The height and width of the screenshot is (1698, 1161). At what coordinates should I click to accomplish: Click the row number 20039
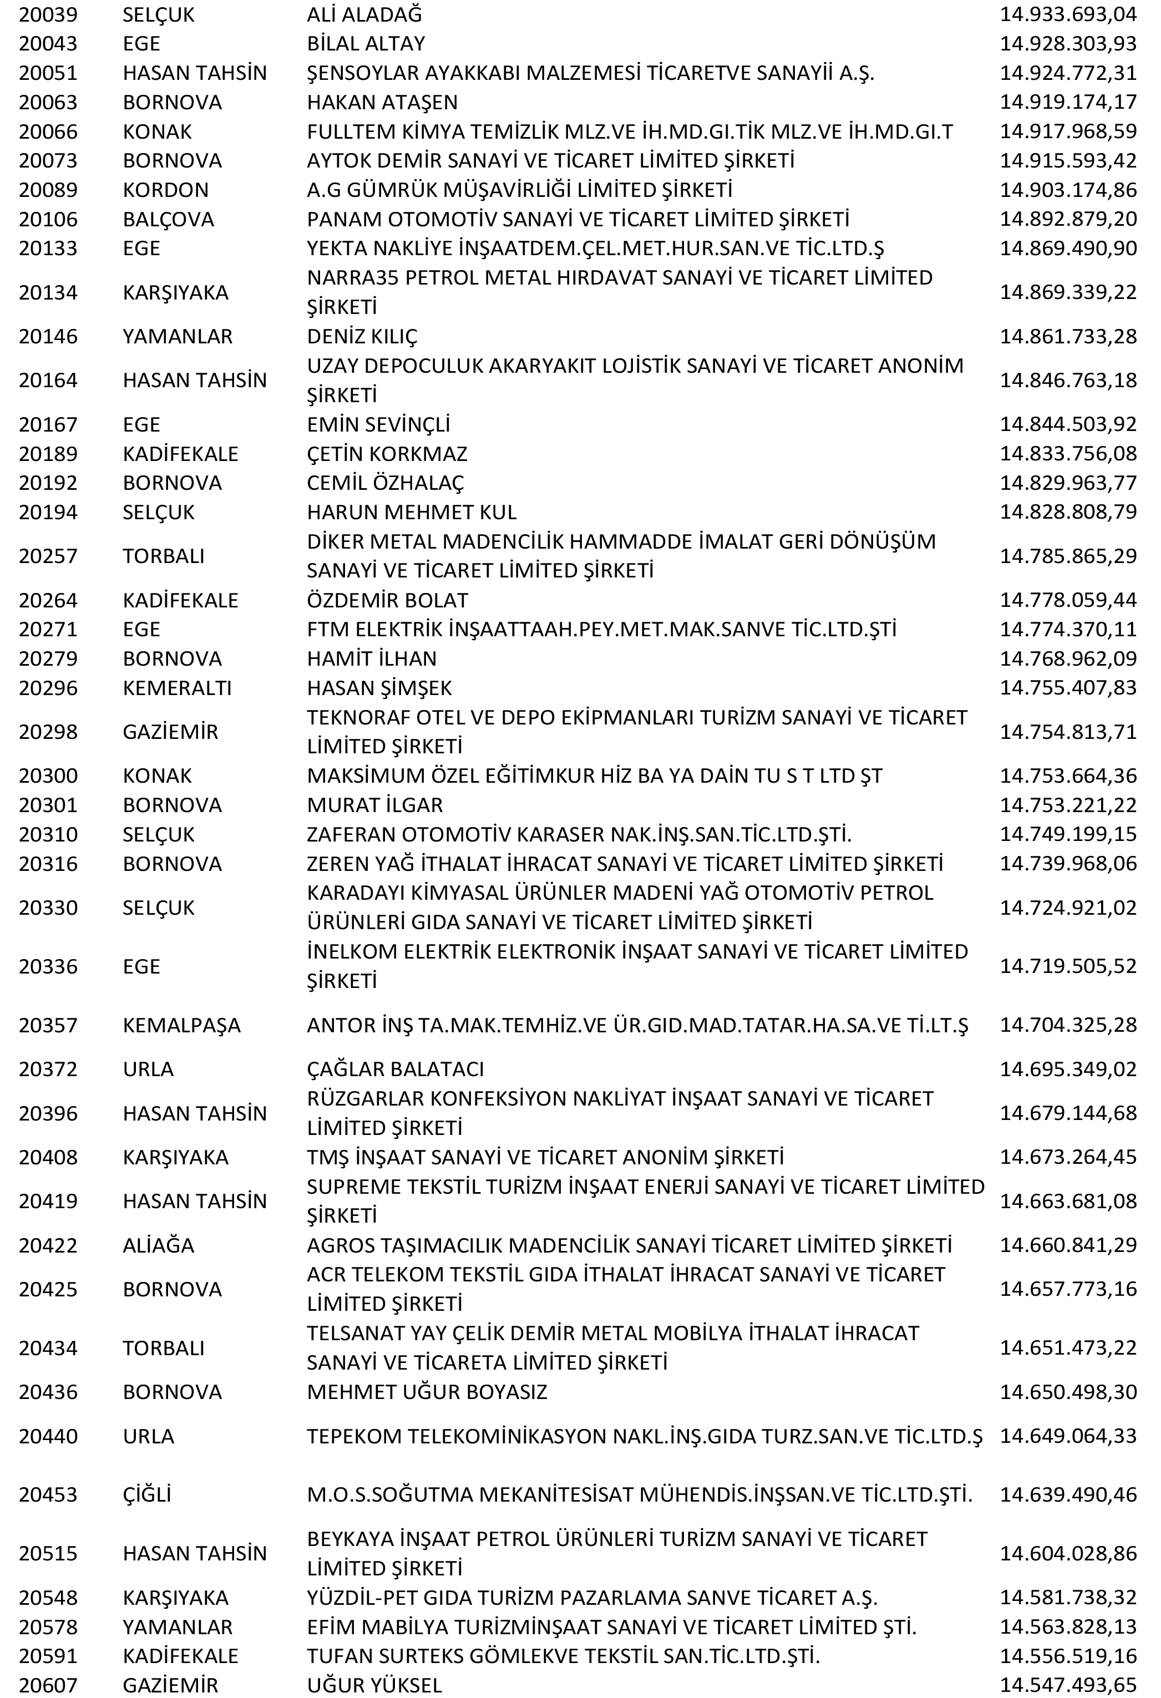coord(48,14)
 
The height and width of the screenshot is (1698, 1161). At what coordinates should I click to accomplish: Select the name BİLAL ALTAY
coord(366,44)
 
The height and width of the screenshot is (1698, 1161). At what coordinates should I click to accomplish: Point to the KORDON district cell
coord(165,190)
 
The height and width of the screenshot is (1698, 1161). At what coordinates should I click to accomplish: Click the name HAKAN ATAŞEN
coord(382,102)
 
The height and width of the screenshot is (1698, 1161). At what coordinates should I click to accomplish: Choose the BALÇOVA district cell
coord(168,219)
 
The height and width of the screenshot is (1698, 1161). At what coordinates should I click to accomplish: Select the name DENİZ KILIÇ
coord(362,337)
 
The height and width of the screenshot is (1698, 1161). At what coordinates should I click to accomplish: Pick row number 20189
coord(48,454)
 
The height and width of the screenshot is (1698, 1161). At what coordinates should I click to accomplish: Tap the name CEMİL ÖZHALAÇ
coord(385,483)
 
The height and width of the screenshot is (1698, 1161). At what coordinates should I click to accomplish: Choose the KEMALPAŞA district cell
coord(181,1025)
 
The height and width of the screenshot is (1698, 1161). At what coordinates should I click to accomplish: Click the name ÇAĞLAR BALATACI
coord(396,1069)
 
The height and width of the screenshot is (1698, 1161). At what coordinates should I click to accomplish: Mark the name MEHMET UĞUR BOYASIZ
coord(427,1392)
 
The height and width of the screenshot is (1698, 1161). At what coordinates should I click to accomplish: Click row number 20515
coord(48,1553)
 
